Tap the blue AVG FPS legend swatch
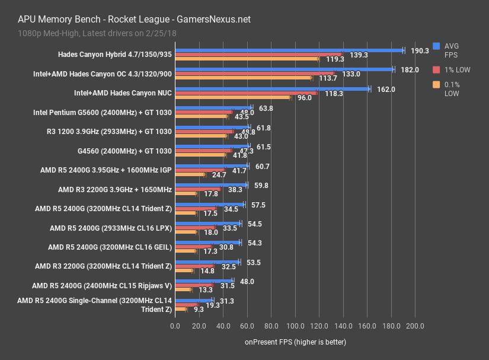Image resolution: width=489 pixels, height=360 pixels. (437, 46)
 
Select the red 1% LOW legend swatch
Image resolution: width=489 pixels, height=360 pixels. (437, 70)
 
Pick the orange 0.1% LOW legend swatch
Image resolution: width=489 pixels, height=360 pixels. (437, 85)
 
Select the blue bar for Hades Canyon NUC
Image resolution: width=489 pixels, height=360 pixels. (271, 89)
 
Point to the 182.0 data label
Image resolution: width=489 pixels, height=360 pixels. (410, 70)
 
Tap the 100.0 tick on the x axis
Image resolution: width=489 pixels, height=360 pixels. (295, 326)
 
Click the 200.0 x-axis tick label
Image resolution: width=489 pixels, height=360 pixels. (415, 326)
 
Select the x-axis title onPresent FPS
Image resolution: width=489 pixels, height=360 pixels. (295, 342)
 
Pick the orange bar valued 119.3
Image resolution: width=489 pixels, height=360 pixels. (246, 59)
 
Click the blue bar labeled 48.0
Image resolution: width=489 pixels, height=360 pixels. (204, 281)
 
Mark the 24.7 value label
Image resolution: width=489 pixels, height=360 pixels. (219, 175)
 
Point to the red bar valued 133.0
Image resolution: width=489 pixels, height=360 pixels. (254, 74)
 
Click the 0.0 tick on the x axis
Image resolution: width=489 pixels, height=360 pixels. (175, 326)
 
